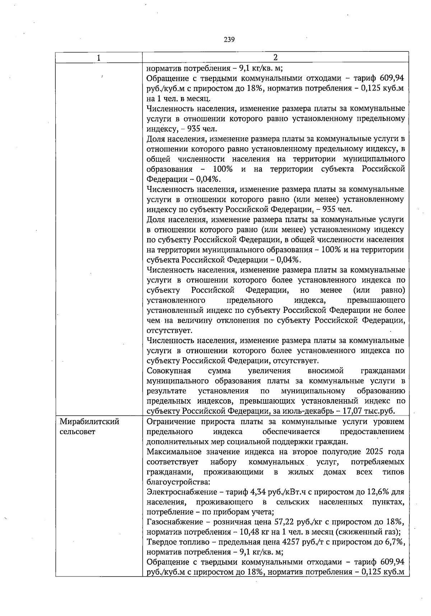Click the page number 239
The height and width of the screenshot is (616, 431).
[229, 40]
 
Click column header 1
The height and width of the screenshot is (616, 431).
[98, 58]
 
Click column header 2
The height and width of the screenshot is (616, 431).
[275, 58]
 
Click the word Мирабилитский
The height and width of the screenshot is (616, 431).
[89, 422]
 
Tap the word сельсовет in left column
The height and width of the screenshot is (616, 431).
[77, 432]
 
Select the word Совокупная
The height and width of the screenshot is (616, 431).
[169, 371]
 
